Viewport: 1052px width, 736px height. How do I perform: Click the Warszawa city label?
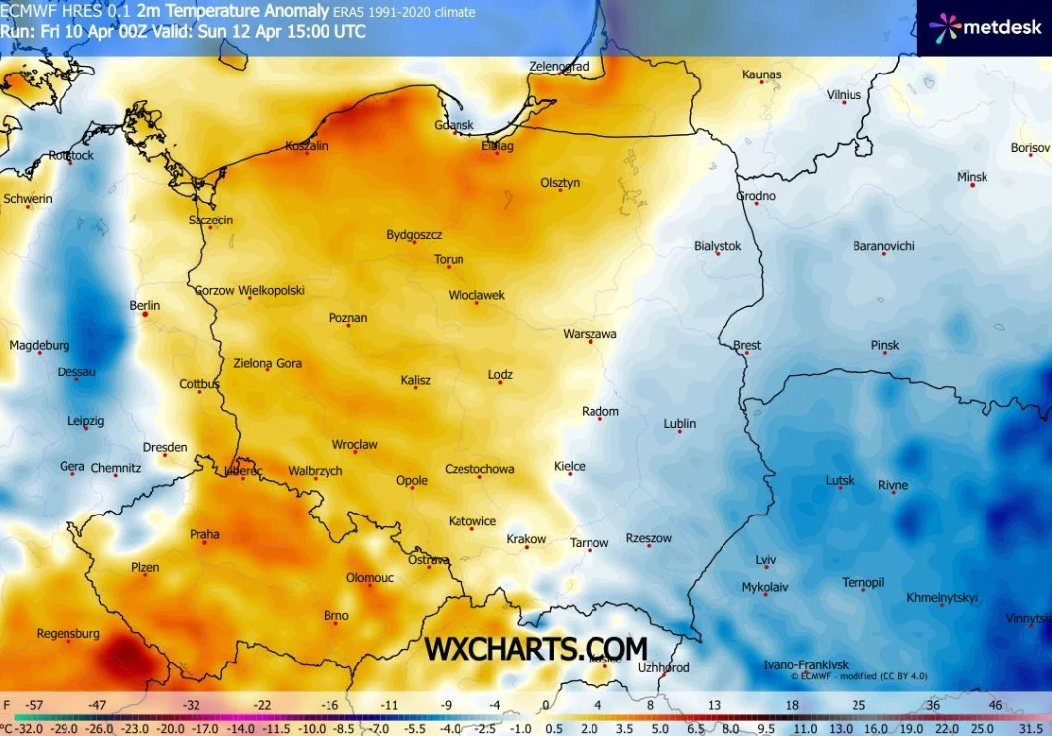(590, 334)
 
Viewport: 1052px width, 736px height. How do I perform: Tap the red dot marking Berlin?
(145, 313)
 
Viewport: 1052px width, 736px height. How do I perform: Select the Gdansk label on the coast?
(455, 125)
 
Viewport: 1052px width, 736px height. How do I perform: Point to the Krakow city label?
(526, 539)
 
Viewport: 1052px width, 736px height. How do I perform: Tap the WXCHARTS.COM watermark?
(536, 648)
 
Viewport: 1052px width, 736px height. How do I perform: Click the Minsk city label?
(972, 177)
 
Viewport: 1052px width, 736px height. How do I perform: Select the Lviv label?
(766, 559)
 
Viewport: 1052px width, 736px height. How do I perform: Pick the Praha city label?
(204, 534)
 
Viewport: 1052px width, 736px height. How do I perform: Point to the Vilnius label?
(844, 94)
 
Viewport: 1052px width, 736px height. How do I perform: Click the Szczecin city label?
(211, 220)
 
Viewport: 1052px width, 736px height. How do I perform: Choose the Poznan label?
(348, 318)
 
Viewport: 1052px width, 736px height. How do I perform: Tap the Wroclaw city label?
(354, 445)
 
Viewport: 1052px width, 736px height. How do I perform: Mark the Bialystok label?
(718, 245)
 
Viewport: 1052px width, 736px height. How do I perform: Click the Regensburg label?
(67, 633)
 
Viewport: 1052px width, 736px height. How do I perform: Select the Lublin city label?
(679, 424)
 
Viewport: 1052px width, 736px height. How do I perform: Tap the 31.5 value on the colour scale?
(1030, 726)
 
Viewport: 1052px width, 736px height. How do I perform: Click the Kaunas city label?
(761, 74)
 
